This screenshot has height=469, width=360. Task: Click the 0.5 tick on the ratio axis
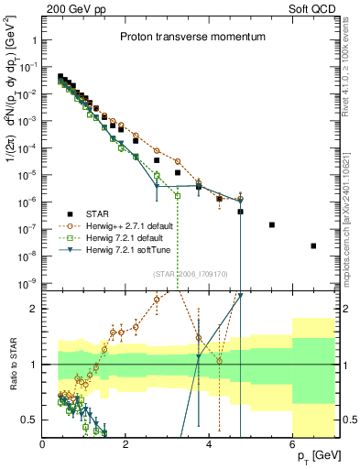[30, 420]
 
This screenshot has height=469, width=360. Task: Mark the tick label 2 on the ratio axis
[34, 309]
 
